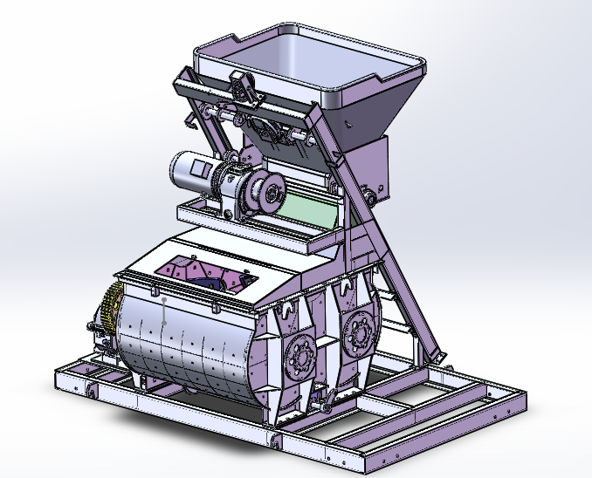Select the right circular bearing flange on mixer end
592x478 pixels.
coord(359,331)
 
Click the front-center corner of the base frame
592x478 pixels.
coord(276,440)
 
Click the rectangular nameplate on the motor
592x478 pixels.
coord(199,167)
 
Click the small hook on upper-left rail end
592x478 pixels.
coord(180,83)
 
